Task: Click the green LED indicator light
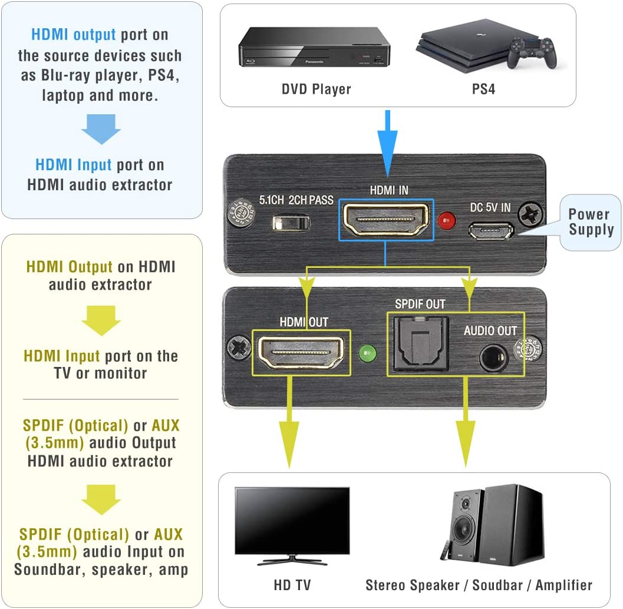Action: pyautogui.click(x=368, y=354)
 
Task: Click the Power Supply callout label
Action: pyautogui.click(x=591, y=222)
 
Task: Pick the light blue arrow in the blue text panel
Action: pyautogui.click(x=101, y=128)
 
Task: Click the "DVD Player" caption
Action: pyautogui.click(x=316, y=90)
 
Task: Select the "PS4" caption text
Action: pyautogui.click(x=483, y=90)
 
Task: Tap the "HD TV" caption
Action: pyautogui.click(x=292, y=585)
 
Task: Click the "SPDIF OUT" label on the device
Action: pyautogui.click(x=420, y=304)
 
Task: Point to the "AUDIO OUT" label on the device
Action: pyautogui.click(x=490, y=330)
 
